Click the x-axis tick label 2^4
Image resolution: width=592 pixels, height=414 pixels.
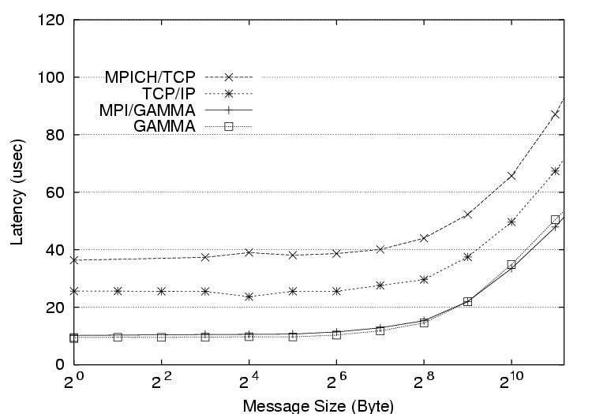coord(249,384)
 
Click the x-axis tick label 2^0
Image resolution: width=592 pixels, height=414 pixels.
coord(75,384)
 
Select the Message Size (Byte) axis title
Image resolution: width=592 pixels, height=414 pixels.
coord(318,405)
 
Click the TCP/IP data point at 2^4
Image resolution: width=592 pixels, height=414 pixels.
coord(249,297)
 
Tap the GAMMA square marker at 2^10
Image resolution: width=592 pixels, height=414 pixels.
coord(511,265)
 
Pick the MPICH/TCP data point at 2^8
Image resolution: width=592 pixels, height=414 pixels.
coord(424,238)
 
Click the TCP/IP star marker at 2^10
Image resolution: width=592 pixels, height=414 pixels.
coord(511,222)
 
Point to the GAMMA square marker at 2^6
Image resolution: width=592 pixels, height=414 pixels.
coord(336,334)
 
